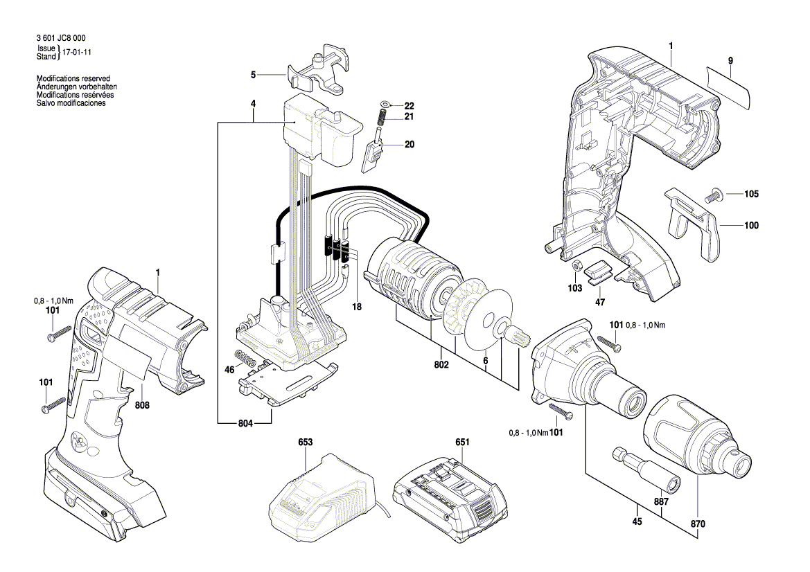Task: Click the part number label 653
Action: coord(306,441)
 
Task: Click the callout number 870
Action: coord(698,524)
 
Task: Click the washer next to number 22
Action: coord(385,105)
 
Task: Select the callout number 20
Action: coord(410,145)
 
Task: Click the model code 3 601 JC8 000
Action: coord(60,39)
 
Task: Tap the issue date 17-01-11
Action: coord(76,52)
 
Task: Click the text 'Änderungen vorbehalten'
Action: coord(76,87)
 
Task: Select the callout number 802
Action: coord(442,365)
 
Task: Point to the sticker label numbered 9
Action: coord(730,87)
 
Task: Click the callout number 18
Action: coord(357,307)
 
